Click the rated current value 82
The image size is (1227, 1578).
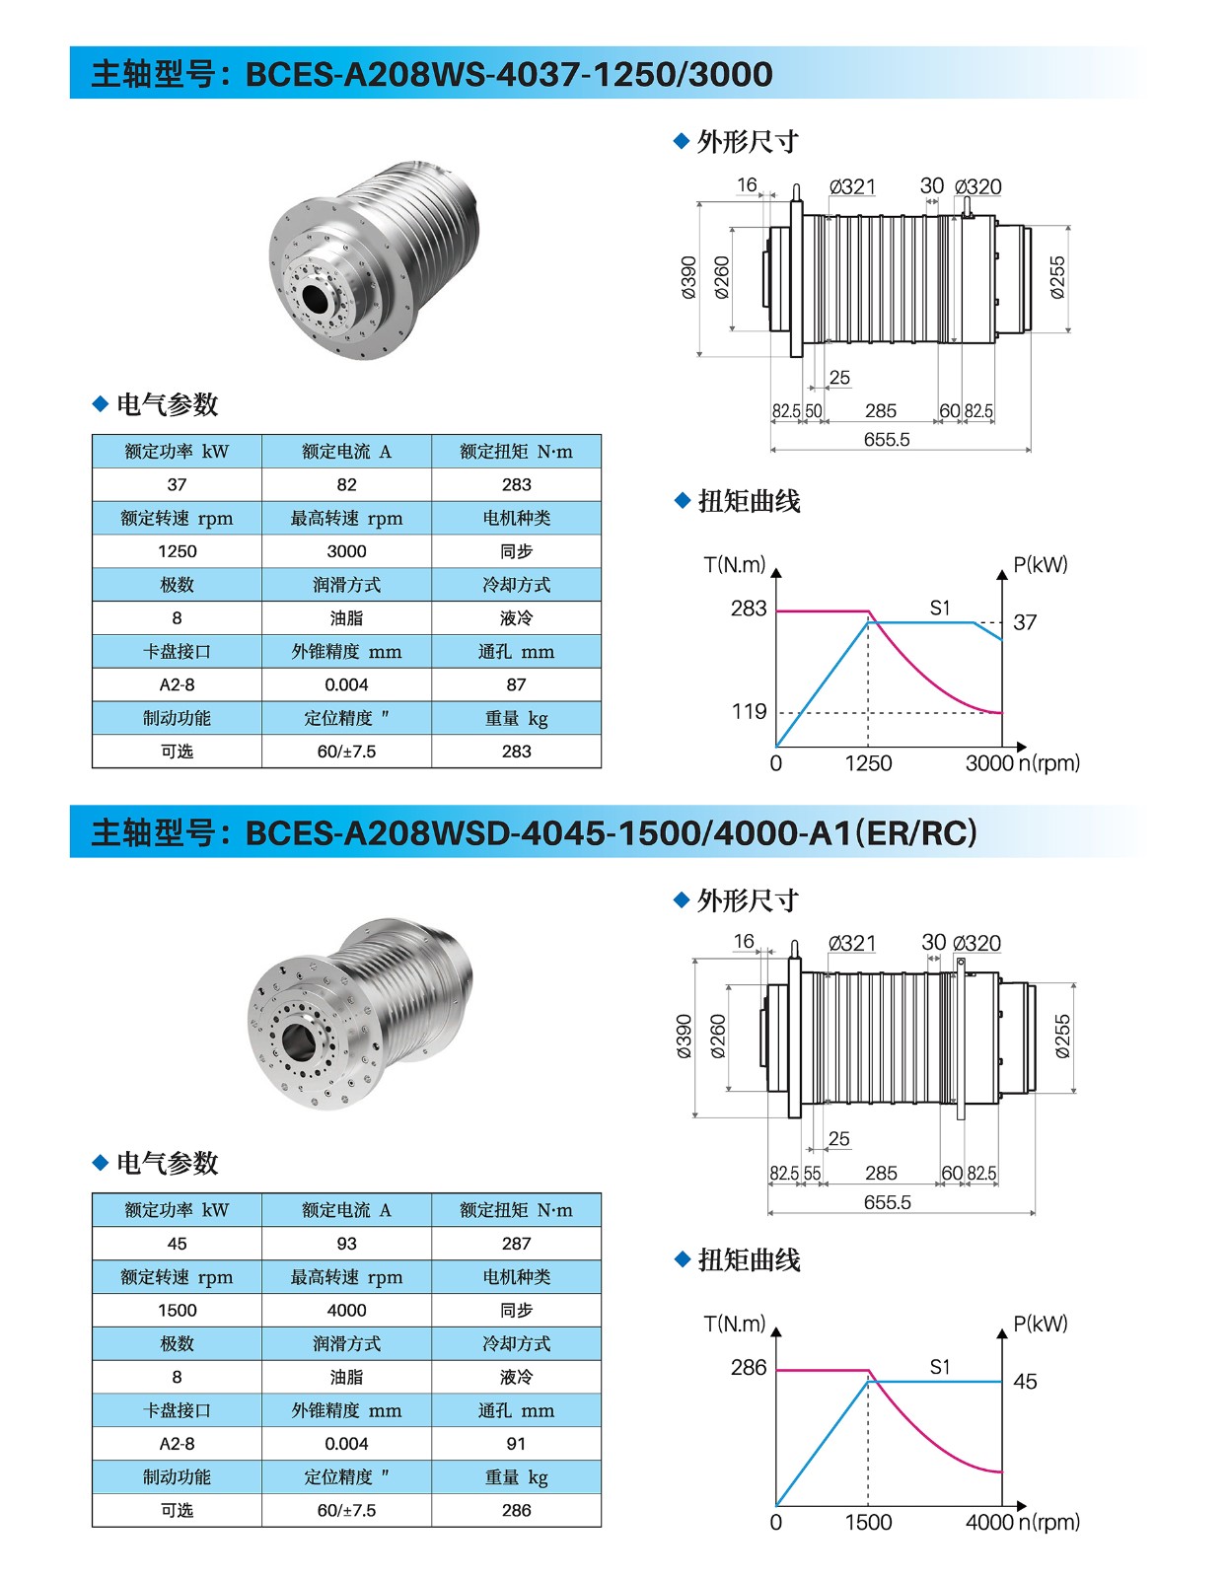click(x=346, y=484)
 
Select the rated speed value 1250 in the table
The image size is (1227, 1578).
click(x=178, y=551)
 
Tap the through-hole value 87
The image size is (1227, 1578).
click(x=516, y=684)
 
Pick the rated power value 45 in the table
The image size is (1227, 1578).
click(x=178, y=1244)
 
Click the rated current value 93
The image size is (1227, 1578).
click(x=346, y=1244)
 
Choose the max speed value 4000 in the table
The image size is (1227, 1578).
click(x=346, y=1310)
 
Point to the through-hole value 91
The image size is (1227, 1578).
click(x=516, y=1444)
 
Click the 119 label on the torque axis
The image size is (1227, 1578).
click(x=749, y=712)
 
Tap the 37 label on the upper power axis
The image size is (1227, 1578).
click(x=1025, y=622)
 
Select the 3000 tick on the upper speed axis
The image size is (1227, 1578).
click(x=989, y=763)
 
